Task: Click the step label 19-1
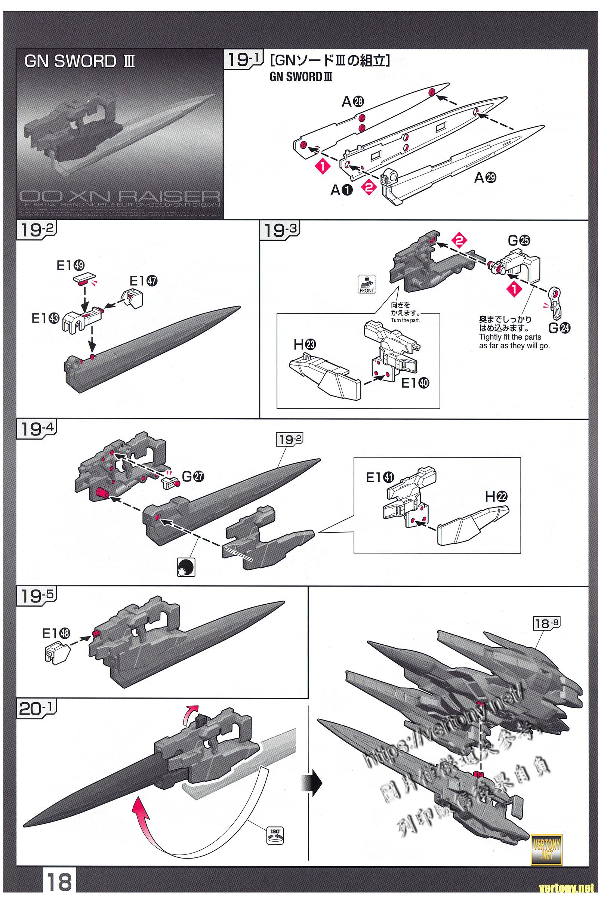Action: click(x=243, y=60)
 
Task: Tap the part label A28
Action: click(x=353, y=101)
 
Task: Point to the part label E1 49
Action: click(x=70, y=265)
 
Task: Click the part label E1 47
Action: click(x=143, y=281)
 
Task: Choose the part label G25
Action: click(x=519, y=241)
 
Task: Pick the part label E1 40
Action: click(x=415, y=383)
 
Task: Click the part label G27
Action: click(x=193, y=476)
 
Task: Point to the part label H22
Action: click(x=497, y=497)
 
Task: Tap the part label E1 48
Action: click(x=56, y=633)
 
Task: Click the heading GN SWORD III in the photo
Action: click(x=79, y=61)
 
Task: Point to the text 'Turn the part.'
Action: click(x=405, y=320)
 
